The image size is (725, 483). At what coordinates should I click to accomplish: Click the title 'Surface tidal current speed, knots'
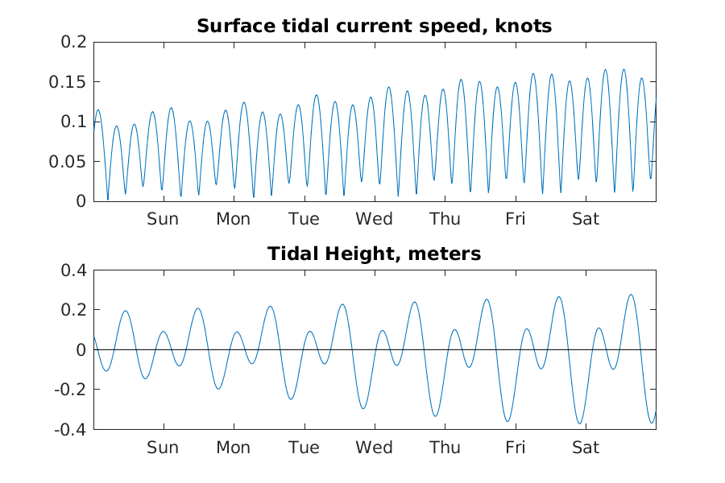(374, 27)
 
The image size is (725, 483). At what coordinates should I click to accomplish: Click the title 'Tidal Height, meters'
(374, 254)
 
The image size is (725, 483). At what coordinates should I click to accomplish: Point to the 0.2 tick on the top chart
(73, 42)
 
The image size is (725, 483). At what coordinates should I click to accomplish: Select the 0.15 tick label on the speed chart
(68, 82)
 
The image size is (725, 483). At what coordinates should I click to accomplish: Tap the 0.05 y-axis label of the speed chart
(68, 162)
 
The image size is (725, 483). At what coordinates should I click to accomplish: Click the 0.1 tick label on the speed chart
(73, 122)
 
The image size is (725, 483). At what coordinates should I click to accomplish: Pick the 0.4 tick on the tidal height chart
(73, 270)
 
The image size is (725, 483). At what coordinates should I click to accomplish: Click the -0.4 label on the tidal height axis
(70, 429)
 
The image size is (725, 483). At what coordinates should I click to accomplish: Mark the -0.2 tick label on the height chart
(70, 390)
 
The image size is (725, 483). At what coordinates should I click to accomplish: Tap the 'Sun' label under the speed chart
(163, 219)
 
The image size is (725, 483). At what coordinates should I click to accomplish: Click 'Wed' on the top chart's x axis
(375, 219)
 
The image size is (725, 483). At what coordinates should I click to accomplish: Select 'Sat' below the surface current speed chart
(586, 219)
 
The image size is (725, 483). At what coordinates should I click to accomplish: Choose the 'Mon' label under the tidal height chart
(233, 448)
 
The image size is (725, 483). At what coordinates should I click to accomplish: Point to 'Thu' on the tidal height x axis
(445, 448)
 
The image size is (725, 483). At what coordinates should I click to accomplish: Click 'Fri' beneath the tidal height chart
(516, 448)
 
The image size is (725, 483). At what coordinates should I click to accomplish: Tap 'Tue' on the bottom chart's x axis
(304, 448)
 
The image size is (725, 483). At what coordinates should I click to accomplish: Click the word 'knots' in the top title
(524, 27)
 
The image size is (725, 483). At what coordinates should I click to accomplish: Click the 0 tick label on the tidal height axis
(81, 350)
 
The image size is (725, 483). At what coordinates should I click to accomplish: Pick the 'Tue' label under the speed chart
(304, 219)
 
